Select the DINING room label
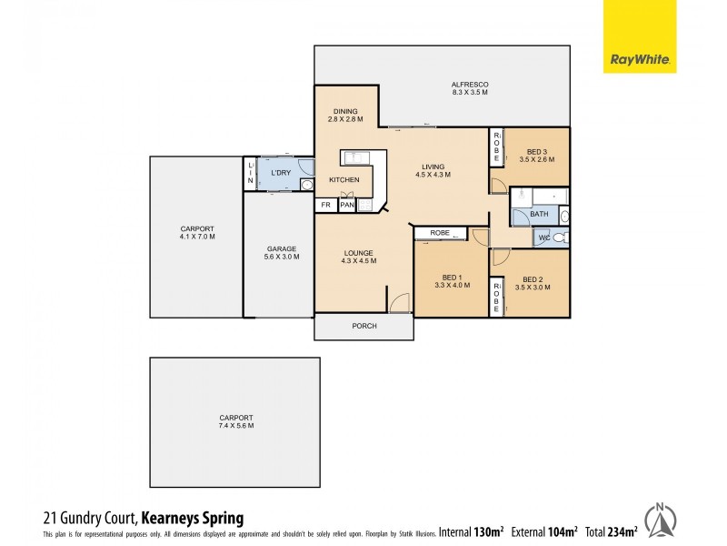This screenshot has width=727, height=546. pyautogui.click(x=345, y=111)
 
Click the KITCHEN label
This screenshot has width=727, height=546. pyautogui.click(x=344, y=179)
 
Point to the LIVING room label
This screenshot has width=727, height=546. pyautogui.click(x=432, y=167)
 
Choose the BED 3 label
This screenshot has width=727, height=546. pyautogui.click(x=537, y=151)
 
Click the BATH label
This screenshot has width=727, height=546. pyautogui.click(x=540, y=215)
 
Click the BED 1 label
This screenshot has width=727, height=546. pyautogui.click(x=452, y=278)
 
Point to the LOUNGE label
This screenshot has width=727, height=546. pyautogui.click(x=357, y=253)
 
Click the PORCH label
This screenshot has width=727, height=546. pyautogui.click(x=363, y=326)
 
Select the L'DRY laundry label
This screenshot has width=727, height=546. pyautogui.click(x=280, y=171)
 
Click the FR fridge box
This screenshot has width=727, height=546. pyautogui.click(x=325, y=206)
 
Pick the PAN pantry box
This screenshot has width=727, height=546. pyautogui.click(x=346, y=206)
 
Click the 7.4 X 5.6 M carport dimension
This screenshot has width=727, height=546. pyautogui.click(x=234, y=426)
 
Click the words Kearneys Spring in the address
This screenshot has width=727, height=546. pyautogui.click(x=192, y=519)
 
